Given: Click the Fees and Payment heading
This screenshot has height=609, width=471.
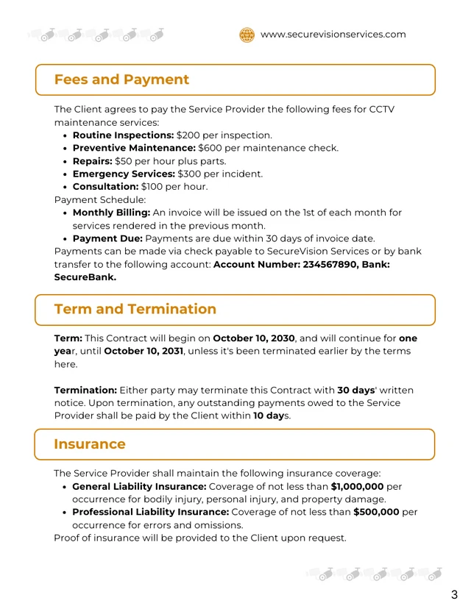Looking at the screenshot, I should click(x=121, y=79).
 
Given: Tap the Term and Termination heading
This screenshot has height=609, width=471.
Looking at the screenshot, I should click(x=135, y=309).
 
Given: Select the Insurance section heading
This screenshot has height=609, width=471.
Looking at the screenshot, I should click(x=90, y=444).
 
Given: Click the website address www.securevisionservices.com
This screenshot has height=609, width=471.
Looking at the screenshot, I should click(x=333, y=34).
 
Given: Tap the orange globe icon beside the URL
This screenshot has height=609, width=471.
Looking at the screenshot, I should click(x=247, y=35).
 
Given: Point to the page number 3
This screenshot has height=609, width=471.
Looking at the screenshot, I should click(x=454, y=594).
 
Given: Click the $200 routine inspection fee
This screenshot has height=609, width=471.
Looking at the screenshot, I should click(x=189, y=135).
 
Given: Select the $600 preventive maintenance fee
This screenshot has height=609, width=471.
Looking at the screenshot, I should click(x=211, y=148).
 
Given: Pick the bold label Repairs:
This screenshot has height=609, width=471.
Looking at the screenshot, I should click(x=92, y=161).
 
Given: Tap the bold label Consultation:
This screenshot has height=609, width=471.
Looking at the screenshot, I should click(x=105, y=187).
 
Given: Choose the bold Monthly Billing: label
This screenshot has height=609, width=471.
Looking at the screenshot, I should click(x=111, y=213).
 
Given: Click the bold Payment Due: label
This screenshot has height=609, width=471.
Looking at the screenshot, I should click(x=107, y=238).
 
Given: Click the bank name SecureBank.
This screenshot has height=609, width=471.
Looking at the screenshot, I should click(x=85, y=277).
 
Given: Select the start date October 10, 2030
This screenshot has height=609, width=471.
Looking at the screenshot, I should click(x=253, y=338).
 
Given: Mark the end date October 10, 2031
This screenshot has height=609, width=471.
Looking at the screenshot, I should click(x=144, y=351).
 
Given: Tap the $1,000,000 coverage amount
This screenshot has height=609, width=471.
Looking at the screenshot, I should click(x=356, y=486).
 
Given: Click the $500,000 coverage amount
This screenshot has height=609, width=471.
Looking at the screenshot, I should click(x=376, y=512).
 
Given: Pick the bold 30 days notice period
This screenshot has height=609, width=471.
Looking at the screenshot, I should click(x=356, y=390).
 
